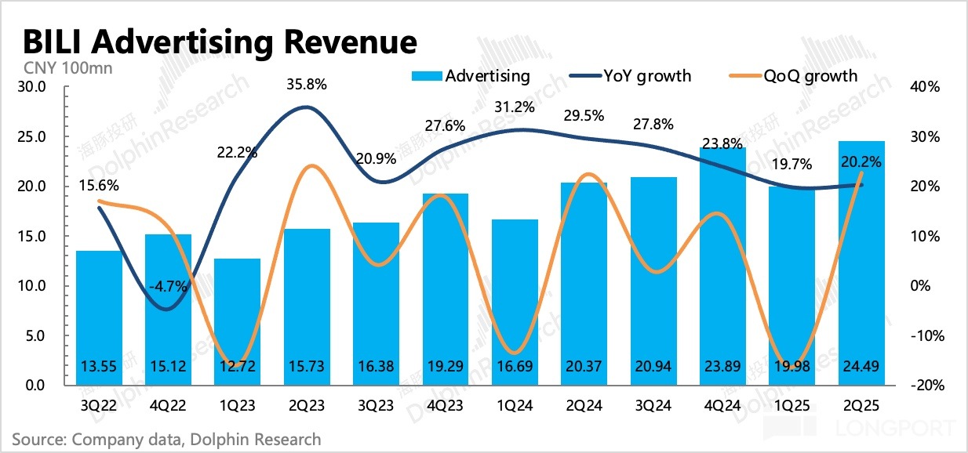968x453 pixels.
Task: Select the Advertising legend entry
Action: tap(471, 76)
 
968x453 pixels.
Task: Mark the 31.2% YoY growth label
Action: tap(515, 107)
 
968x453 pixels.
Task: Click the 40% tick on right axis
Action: tap(926, 87)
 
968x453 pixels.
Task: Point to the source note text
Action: tap(166, 439)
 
